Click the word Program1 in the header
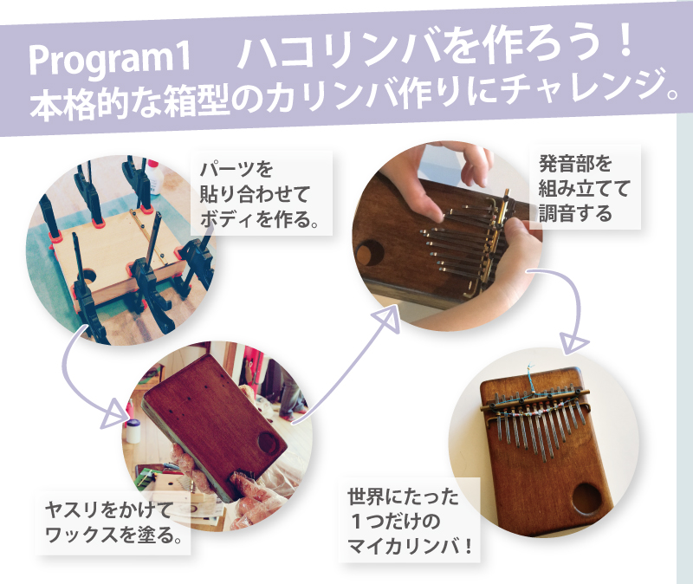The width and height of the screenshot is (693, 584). [110, 60]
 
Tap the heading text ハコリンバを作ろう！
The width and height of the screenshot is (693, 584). [435, 49]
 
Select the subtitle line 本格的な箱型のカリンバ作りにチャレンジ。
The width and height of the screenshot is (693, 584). [353, 97]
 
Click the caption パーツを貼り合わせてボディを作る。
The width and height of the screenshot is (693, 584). [259, 195]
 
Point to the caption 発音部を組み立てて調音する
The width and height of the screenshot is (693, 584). [583, 189]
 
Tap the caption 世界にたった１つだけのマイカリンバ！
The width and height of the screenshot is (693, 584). [409, 522]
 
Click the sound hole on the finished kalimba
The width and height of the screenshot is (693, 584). [587, 499]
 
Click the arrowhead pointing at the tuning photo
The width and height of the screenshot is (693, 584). [387, 318]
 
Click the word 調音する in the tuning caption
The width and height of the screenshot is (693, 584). [575, 213]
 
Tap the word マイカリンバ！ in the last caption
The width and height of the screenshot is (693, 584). [409, 547]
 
